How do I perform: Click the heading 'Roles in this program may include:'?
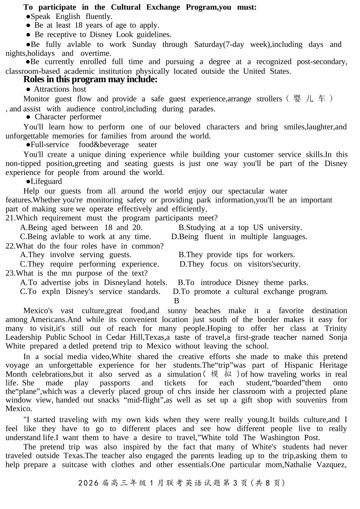(x=90, y=79)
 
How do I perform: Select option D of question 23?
(x=250, y=292)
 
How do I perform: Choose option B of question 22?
(x=236, y=255)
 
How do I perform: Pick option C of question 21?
(x=85, y=237)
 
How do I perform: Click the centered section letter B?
(x=177, y=301)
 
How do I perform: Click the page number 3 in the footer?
(x=235, y=483)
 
